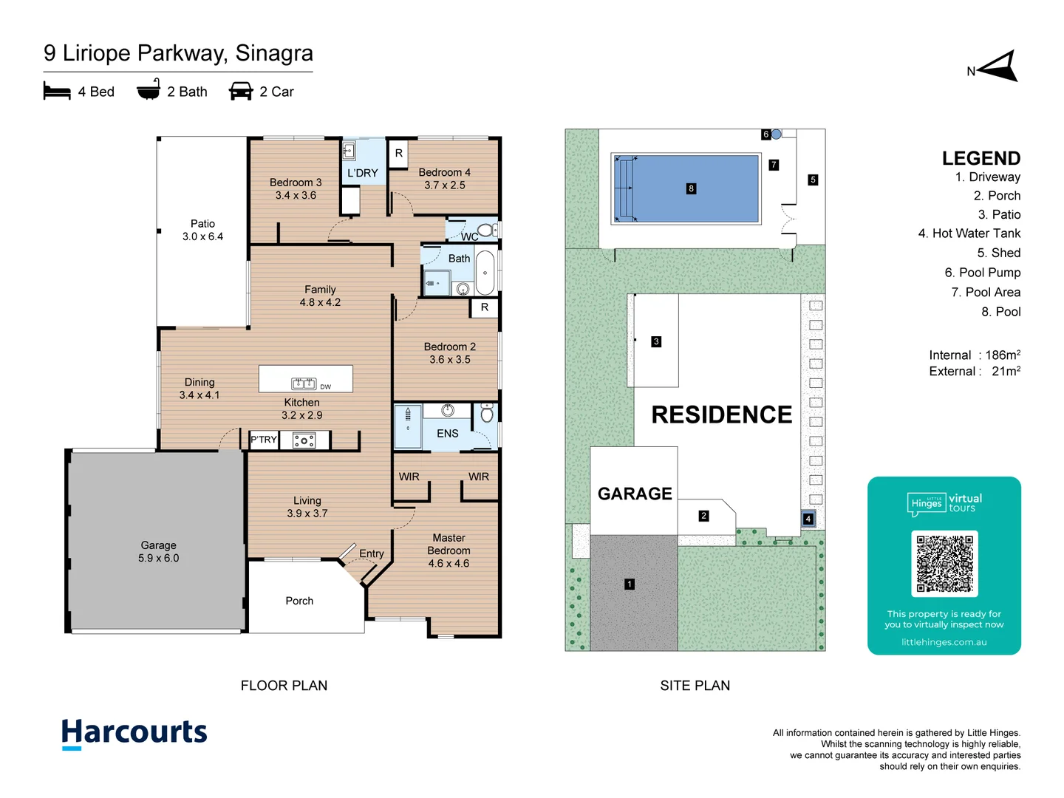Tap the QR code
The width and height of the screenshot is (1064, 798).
[x=944, y=563]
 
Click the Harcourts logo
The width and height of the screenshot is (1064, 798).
[x=134, y=733]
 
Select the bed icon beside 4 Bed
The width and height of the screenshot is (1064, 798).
[x=57, y=92]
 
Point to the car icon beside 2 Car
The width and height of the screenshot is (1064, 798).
[x=241, y=92]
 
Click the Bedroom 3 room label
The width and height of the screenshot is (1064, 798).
[x=296, y=188]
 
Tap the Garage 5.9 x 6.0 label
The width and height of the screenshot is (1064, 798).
[x=158, y=551]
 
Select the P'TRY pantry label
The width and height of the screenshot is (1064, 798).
[x=263, y=440]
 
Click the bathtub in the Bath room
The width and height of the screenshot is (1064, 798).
[x=485, y=273]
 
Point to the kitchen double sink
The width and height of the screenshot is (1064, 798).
[x=304, y=383]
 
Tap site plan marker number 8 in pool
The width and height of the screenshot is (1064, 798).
[x=691, y=188]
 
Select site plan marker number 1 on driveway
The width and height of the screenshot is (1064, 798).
[x=630, y=584]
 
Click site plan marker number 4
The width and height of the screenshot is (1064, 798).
[x=808, y=519]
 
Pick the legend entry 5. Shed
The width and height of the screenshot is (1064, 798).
[x=998, y=253]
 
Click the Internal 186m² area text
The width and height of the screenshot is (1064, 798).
[x=974, y=355]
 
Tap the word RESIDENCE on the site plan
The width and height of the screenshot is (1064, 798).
[x=721, y=415]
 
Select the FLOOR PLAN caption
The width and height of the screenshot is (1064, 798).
[x=284, y=686]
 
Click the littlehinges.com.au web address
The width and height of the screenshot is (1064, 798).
[x=944, y=642]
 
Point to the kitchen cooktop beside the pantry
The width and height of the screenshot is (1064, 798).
[x=304, y=441]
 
